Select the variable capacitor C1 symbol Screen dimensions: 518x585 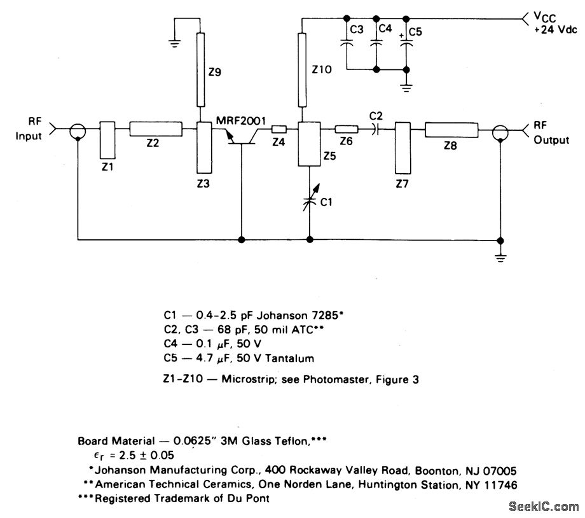[309, 201]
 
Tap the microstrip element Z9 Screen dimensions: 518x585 [201, 70]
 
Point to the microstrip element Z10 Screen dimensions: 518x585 [301, 70]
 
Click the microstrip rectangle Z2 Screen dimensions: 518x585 [156, 129]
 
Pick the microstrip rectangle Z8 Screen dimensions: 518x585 [451, 130]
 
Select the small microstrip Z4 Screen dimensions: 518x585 [279, 130]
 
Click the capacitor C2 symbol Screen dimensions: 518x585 [376, 130]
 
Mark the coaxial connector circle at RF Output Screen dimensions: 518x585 [501, 131]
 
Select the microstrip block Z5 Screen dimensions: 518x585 [310, 144]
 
